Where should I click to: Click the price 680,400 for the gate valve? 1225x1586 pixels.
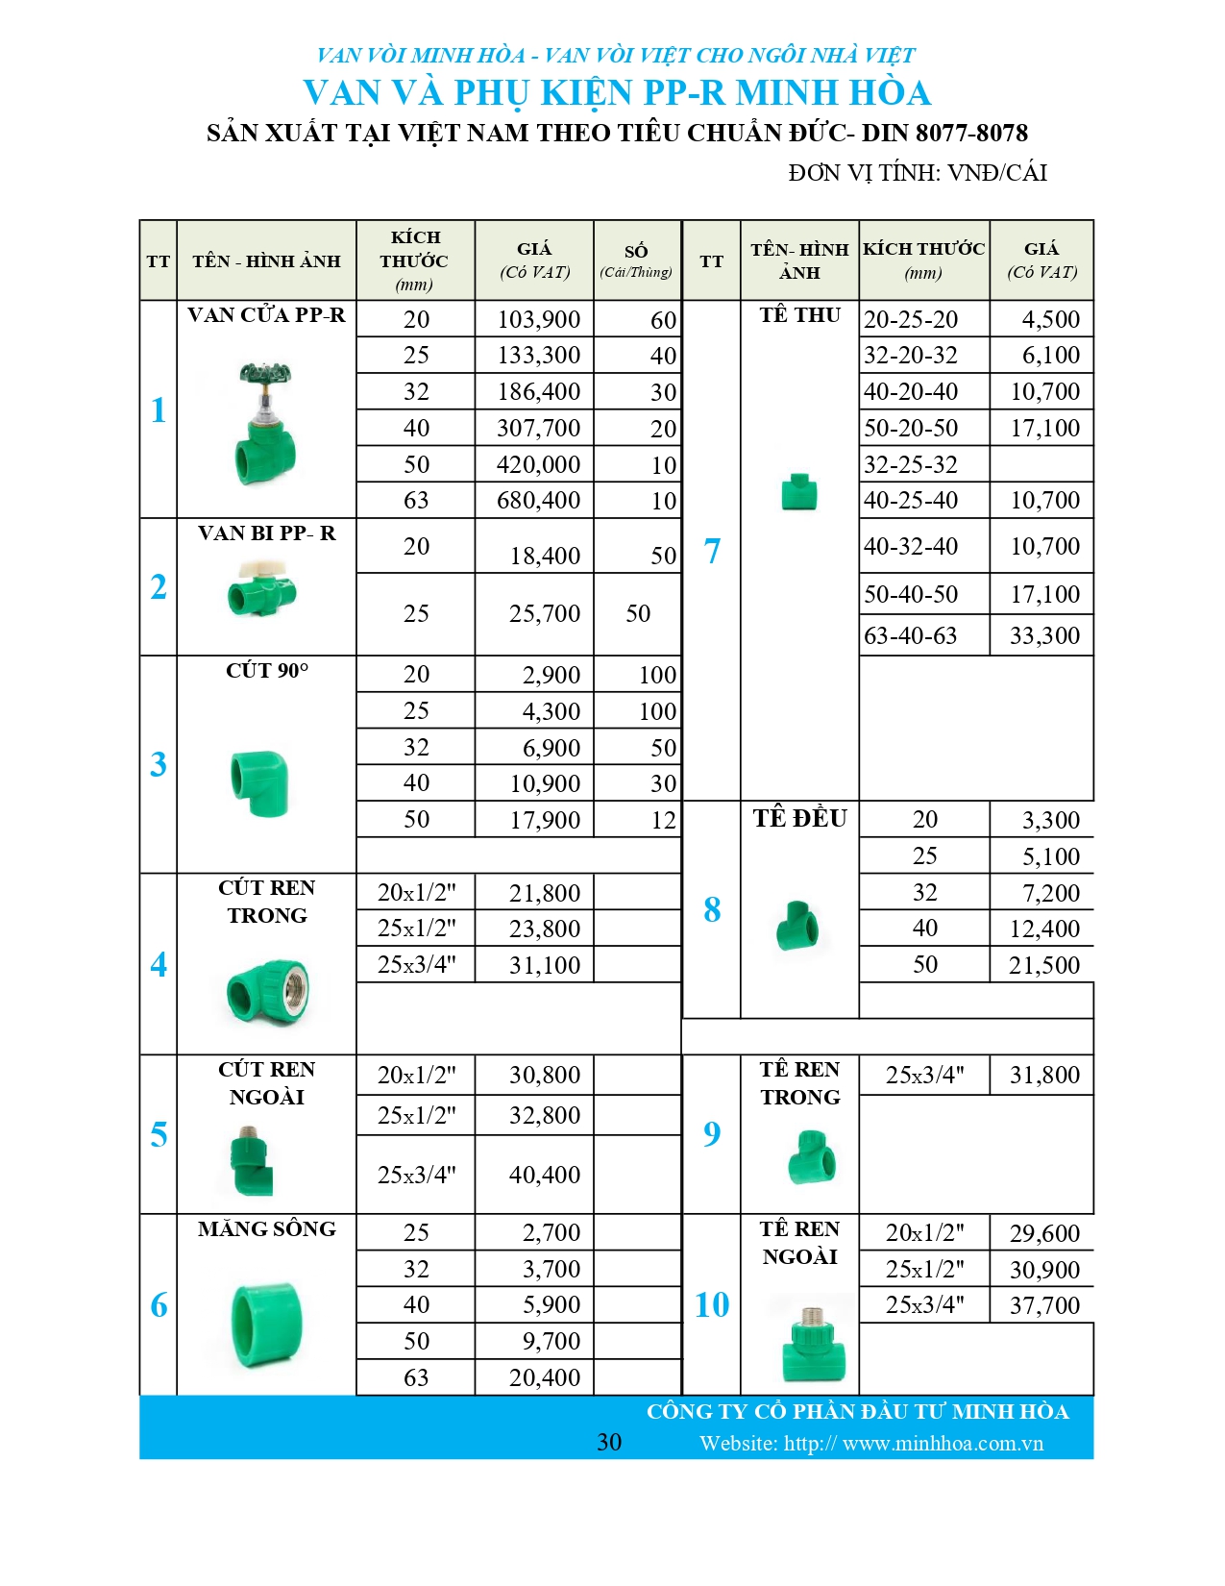(x=538, y=501)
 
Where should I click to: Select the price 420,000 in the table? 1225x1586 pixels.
(x=538, y=465)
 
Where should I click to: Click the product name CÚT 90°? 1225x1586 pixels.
(x=267, y=671)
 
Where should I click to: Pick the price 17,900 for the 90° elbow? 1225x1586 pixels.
(x=545, y=820)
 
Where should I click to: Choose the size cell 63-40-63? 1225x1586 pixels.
(x=910, y=635)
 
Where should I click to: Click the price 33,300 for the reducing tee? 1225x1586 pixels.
(x=1044, y=635)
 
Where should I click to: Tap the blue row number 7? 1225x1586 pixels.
(x=712, y=551)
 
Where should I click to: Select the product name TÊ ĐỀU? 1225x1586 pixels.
(x=799, y=819)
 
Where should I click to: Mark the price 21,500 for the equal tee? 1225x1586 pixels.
(x=1044, y=965)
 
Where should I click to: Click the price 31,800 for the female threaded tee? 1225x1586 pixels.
(x=1044, y=1075)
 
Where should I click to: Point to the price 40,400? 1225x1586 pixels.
(x=545, y=1175)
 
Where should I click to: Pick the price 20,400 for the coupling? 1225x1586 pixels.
(x=545, y=1377)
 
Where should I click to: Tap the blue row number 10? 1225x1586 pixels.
(x=712, y=1304)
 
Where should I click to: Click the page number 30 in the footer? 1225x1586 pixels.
(x=609, y=1442)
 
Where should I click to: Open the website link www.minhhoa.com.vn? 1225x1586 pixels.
(x=942, y=1444)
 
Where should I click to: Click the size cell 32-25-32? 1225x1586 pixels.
(x=910, y=465)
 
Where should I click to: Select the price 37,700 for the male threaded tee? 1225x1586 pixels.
(x=1044, y=1305)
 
